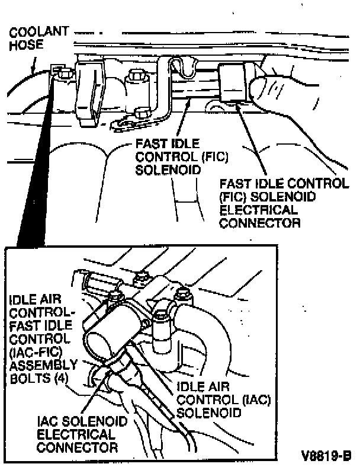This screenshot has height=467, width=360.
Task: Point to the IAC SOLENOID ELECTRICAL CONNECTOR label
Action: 82,434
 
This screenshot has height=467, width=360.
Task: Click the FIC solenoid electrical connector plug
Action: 233,82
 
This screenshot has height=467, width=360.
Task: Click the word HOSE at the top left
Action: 22,44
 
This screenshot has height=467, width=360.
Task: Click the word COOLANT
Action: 38,31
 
